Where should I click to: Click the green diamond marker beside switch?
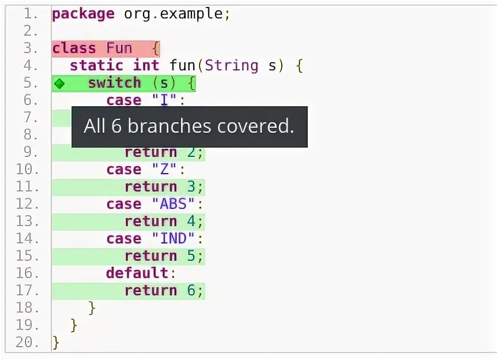click(59, 84)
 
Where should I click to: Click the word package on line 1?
click(83, 14)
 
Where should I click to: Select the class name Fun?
click(119, 48)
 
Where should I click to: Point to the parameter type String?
click(231, 66)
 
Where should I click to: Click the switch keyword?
click(114, 83)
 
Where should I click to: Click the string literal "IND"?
click(174, 239)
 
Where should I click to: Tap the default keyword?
click(137, 273)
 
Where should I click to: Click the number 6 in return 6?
click(191, 291)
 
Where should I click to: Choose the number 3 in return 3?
click(191, 187)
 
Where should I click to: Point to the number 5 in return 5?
click(191, 256)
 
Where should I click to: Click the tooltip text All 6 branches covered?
click(189, 126)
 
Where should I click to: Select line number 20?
click(27, 342)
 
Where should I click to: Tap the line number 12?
click(27, 204)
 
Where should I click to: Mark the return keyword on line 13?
click(150, 222)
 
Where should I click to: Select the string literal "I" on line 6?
click(164, 100)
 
